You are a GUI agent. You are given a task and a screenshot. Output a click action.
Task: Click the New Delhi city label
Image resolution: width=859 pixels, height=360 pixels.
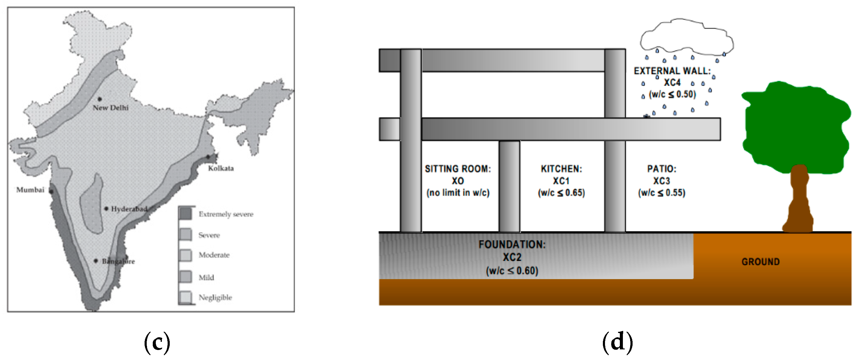click(x=110, y=108)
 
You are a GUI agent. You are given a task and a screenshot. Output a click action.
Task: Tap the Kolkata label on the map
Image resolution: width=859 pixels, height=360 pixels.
click(x=221, y=168)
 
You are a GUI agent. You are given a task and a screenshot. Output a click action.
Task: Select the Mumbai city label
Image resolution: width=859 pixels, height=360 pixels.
click(x=30, y=190)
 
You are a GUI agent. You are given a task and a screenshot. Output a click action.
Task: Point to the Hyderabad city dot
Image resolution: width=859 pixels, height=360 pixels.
click(x=106, y=209)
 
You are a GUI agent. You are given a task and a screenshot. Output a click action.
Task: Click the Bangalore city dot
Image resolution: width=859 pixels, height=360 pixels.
click(x=96, y=261)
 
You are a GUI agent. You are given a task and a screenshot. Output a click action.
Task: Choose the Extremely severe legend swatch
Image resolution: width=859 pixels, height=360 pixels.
click(x=186, y=214)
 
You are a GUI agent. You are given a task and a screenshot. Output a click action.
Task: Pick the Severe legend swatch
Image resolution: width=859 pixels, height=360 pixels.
click(x=186, y=235)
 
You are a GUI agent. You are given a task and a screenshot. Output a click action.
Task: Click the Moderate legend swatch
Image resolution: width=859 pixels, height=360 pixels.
click(x=186, y=255)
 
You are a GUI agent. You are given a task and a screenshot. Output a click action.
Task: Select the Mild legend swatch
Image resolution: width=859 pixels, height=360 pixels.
click(x=186, y=277)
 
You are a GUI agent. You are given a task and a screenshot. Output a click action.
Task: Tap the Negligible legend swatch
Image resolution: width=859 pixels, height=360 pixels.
click(x=186, y=297)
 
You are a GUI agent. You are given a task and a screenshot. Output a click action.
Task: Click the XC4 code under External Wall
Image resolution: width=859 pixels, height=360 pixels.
click(x=672, y=82)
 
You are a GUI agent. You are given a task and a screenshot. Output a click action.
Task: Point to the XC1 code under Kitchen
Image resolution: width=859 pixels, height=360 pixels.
click(x=561, y=181)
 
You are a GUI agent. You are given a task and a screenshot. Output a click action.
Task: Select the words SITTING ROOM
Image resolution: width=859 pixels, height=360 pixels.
click(x=457, y=169)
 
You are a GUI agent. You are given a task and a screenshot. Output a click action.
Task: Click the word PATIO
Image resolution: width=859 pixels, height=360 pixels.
click(x=662, y=169)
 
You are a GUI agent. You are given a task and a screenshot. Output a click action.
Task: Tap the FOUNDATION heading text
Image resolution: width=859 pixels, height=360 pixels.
click(x=512, y=245)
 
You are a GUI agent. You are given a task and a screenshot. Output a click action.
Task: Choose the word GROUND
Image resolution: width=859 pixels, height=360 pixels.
click(x=760, y=262)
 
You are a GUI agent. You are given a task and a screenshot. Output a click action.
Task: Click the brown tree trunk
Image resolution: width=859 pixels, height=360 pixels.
click(x=799, y=203)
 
